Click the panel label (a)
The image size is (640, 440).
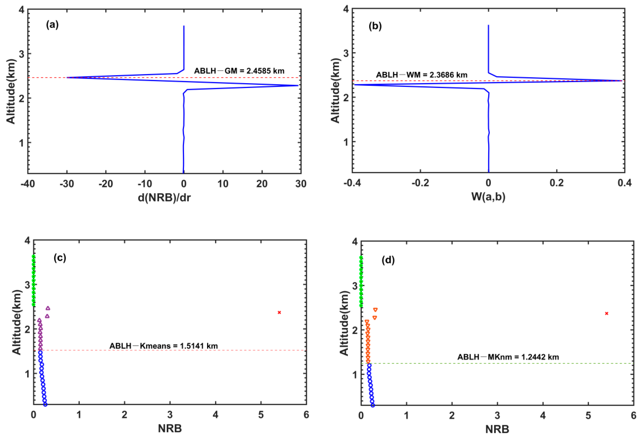point(52,25)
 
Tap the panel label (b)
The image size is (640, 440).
point(375,26)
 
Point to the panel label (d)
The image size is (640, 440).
point(388,260)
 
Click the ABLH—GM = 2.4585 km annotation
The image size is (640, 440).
point(239,71)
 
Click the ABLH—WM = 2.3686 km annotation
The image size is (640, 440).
point(422,75)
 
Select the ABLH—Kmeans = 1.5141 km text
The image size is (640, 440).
point(164,346)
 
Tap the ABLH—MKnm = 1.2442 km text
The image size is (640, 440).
point(508,357)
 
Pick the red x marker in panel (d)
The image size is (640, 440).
point(606,313)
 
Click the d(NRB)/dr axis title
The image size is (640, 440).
point(164,197)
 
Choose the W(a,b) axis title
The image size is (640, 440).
point(488,196)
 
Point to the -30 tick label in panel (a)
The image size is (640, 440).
point(67,184)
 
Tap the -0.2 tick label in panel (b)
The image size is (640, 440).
point(420,183)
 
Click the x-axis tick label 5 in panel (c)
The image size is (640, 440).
point(261,415)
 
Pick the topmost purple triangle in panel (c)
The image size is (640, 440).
point(48,308)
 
